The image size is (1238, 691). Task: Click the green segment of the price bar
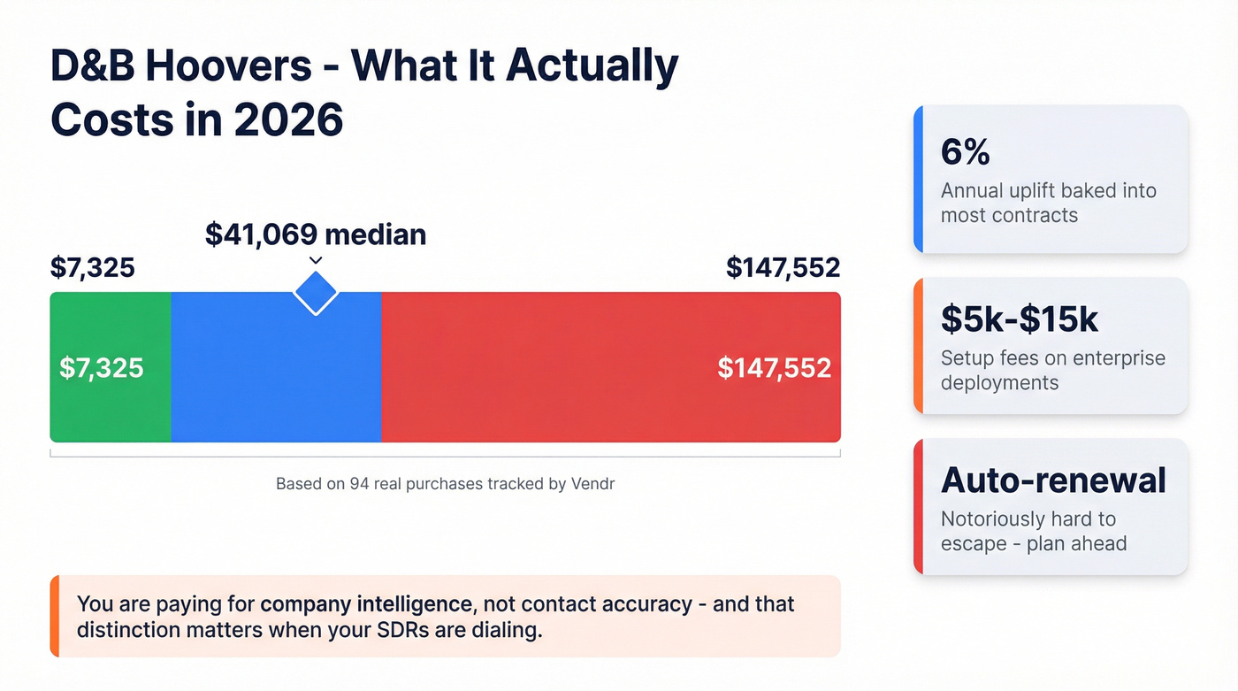pyautogui.click(x=110, y=407)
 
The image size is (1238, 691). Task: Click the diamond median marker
pyautogui.click(x=316, y=291)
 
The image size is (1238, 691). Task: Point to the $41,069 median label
pyautogui.click(x=316, y=234)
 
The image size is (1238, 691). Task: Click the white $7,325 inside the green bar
pyautogui.click(x=101, y=367)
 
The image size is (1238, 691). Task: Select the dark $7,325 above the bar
pyautogui.click(x=93, y=267)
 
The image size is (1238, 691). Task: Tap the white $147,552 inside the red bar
pyautogui.click(x=774, y=367)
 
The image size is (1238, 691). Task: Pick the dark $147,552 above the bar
pyautogui.click(x=783, y=267)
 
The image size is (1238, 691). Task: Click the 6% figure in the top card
pyautogui.click(x=965, y=153)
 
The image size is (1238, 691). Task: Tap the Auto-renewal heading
pyautogui.click(x=1053, y=480)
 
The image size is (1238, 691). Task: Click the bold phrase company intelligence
pyautogui.click(x=366, y=604)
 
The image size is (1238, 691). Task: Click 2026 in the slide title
pyautogui.click(x=288, y=119)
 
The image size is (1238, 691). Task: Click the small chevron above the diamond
pyautogui.click(x=316, y=260)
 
